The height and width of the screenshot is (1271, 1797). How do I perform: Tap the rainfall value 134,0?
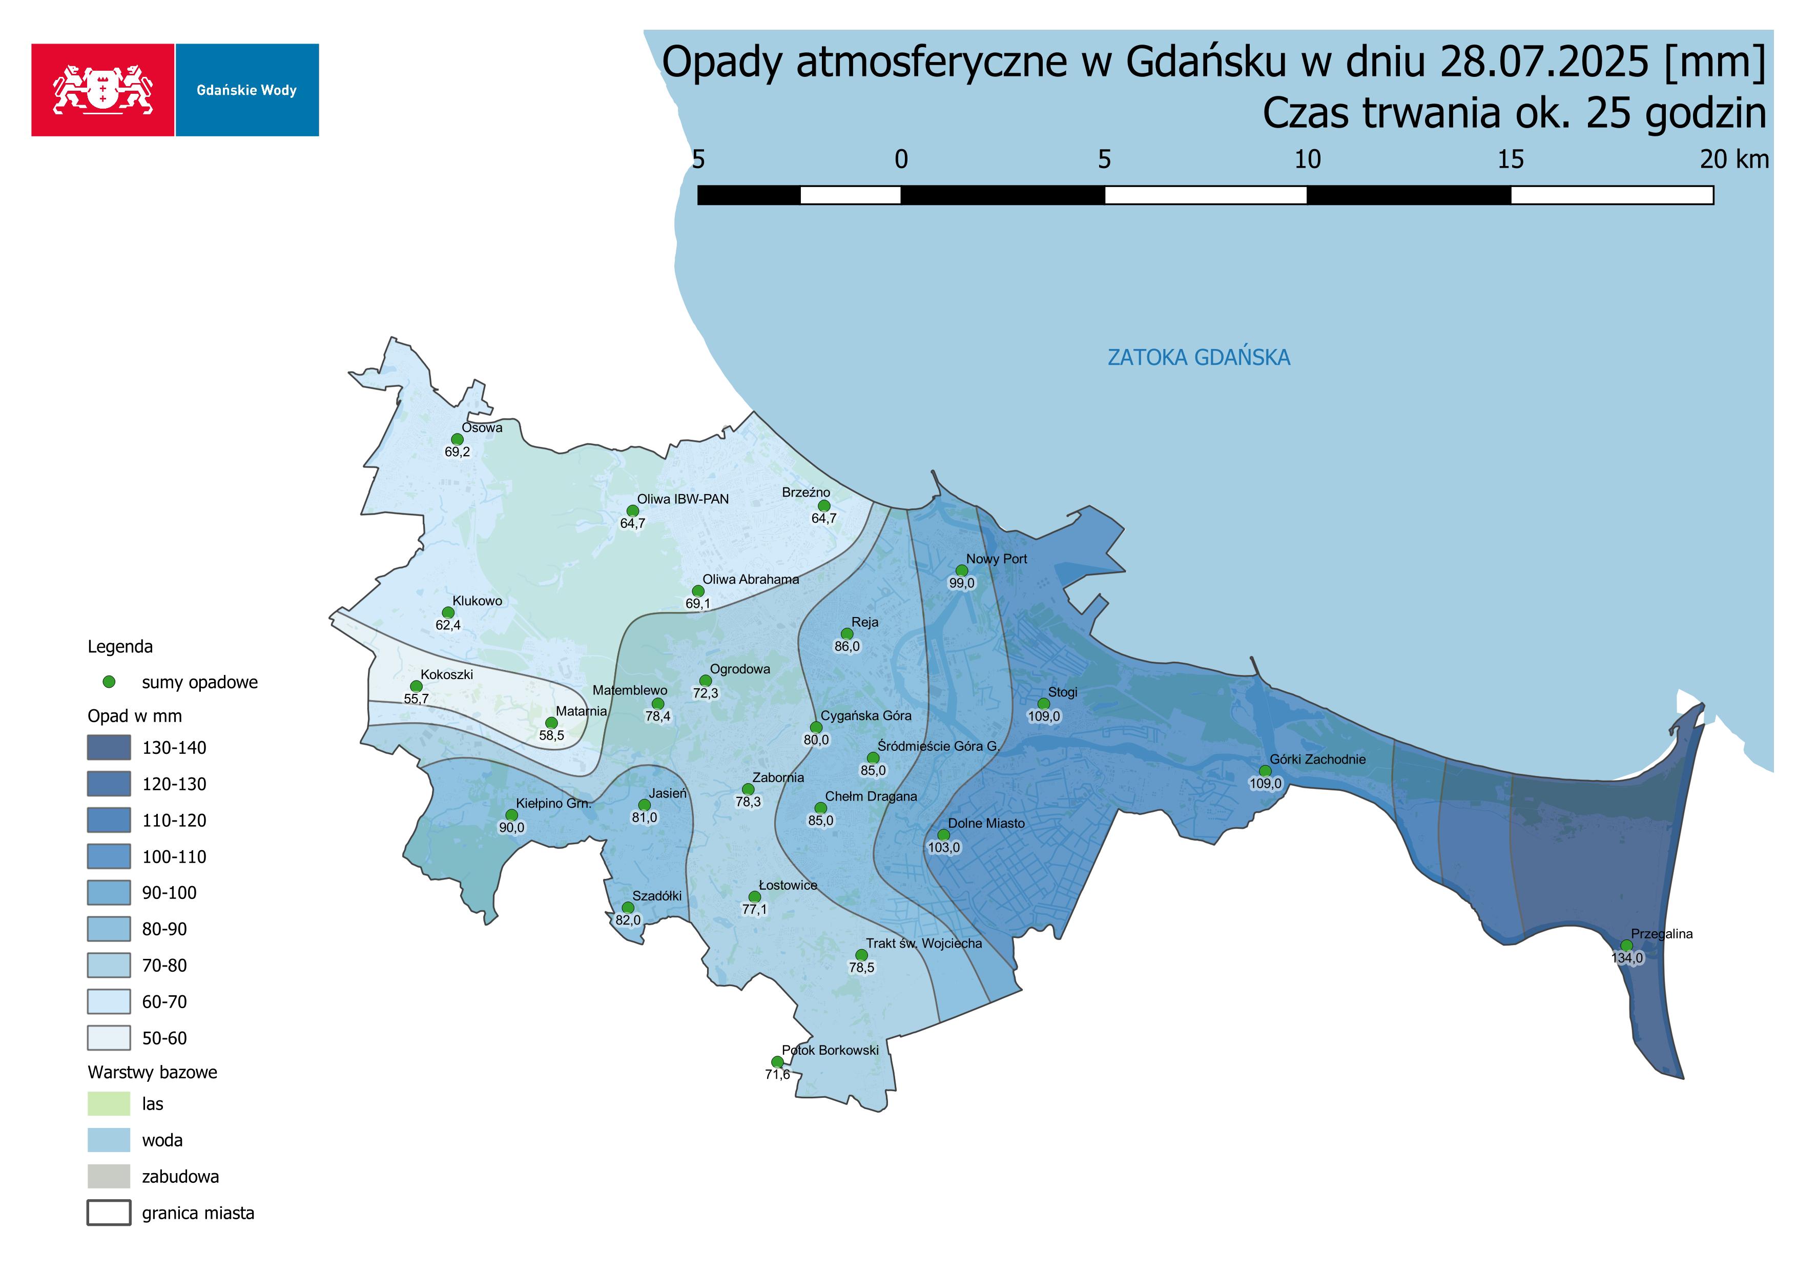[1627, 958]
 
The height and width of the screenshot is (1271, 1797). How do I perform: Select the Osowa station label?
[482, 428]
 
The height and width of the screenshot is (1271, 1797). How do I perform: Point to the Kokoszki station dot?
[417, 686]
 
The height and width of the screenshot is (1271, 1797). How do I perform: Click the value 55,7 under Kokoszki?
[417, 699]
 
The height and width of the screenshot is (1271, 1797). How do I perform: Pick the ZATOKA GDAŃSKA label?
[1199, 358]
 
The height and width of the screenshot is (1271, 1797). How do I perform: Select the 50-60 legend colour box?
[108, 1038]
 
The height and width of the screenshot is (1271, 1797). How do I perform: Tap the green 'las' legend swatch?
[108, 1103]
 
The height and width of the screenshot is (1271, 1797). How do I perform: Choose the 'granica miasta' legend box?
[108, 1213]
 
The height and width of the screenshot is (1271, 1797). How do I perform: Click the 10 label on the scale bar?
[1307, 160]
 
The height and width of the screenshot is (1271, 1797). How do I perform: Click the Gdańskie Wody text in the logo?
[246, 90]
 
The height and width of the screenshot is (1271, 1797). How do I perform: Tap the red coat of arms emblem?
[102, 90]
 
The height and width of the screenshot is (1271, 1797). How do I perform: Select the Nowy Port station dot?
[962, 570]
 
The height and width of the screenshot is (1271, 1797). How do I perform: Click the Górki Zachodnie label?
[1317, 759]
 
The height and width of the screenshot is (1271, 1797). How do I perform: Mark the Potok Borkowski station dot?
[777, 1062]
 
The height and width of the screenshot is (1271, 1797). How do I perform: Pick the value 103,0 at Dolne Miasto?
[944, 848]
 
